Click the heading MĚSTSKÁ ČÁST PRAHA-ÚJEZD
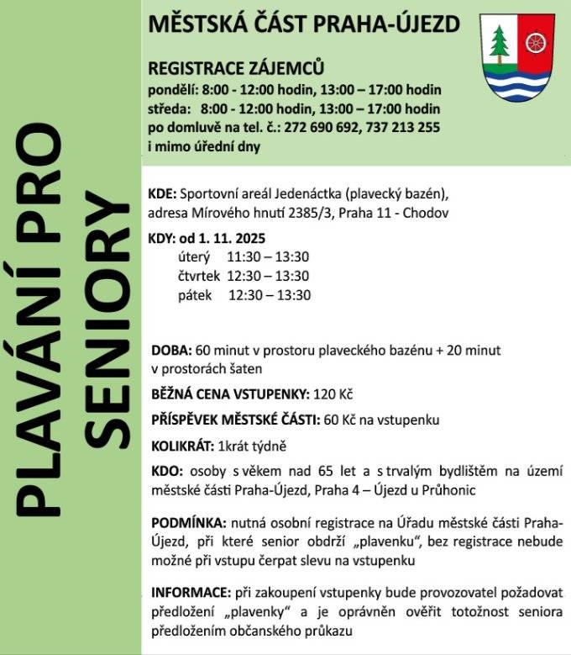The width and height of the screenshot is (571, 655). pos(303,24)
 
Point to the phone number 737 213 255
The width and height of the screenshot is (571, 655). pos(406,128)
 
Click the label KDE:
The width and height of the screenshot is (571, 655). pos(161,192)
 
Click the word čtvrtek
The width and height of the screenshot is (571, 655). pos(199,276)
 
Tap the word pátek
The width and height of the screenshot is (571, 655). pos(195,295)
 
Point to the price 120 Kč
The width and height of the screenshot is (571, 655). pos(330,393)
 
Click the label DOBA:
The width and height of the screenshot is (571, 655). pos(170,349)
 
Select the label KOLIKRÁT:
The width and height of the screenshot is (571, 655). pos(181,446)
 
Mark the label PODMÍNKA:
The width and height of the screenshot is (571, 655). pos(187,522)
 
